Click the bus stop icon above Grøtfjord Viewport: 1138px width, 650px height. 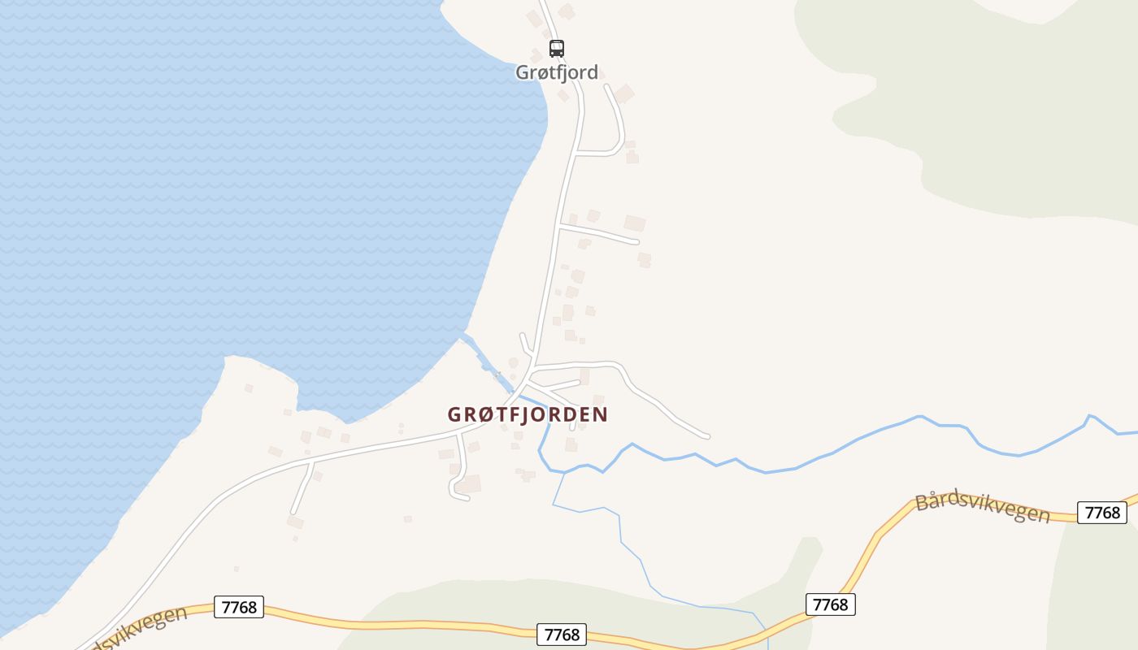point(556,48)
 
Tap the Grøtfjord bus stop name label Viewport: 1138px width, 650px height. point(557,72)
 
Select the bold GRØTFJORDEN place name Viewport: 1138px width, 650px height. point(528,414)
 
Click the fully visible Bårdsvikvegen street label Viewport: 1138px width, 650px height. point(983,508)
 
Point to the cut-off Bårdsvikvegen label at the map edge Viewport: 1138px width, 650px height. point(134,627)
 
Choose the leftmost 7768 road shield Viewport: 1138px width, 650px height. point(239,607)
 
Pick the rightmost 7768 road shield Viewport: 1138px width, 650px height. point(1102,513)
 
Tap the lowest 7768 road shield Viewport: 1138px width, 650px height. point(561,634)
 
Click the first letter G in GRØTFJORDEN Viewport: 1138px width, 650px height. point(454,414)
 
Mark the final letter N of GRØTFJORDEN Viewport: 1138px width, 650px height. point(601,414)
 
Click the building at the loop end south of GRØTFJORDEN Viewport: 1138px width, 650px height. point(469,484)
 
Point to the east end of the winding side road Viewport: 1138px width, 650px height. point(706,436)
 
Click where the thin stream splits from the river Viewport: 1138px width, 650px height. point(564,472)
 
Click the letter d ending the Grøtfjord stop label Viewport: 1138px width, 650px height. point(592,72)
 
